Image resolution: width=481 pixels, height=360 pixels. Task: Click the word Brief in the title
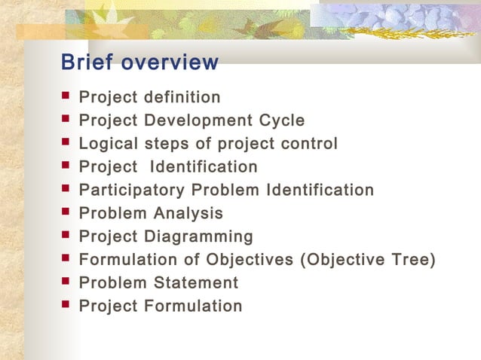point(85,62)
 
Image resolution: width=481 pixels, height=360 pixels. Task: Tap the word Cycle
point(281,121)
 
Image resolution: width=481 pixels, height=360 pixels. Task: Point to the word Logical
point(107,144)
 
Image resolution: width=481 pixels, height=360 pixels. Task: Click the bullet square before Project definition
point(66,96)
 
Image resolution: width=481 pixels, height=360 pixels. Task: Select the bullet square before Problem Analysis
point(66,212)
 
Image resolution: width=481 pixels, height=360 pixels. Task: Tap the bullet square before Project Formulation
point(66,306)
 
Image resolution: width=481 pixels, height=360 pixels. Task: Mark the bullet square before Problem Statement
point(66,282)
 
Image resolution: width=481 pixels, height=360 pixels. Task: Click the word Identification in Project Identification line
point(204,166)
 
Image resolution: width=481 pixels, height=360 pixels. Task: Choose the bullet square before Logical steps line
point(66,143)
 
